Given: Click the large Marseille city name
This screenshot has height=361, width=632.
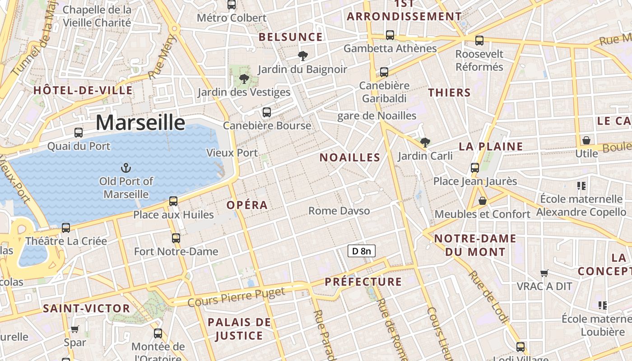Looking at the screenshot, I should (x=140, y=122).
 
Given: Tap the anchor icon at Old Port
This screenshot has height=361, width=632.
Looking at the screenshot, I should (x=126, y=169).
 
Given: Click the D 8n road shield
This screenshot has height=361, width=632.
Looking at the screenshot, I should (x=361, y=251).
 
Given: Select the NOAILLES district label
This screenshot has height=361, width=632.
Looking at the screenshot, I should (x=350, y=157).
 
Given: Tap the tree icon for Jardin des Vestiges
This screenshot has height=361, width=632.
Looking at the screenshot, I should (x=244, y=79).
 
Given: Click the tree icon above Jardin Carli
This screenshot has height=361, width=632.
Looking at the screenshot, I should (x=425, y=143).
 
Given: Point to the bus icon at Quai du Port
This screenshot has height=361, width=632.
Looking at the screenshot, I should (x=79, y=133).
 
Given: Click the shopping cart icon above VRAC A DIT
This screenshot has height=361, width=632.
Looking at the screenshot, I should (x=544, y=273).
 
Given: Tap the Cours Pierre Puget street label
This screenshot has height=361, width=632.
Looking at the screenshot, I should (x=236, y=297).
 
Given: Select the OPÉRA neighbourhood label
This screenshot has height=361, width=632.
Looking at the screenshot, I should (x=247, y=205).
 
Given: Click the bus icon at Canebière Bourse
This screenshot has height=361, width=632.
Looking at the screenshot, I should (x=267, y=112).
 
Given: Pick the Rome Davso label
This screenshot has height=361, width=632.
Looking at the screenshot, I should (x=339, y=211).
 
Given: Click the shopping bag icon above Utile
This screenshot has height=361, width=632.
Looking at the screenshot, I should (x=586, y=140).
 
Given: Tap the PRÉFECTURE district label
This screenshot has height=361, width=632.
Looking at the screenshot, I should (x=363, y=282).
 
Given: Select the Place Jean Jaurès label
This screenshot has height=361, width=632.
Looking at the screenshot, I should (x=475, y=181).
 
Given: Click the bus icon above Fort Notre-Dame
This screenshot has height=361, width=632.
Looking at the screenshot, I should (x=176, y=238).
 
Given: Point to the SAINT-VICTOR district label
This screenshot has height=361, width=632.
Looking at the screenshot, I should (x=86, y=309).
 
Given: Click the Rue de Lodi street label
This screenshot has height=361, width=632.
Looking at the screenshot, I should (x=488, y=296).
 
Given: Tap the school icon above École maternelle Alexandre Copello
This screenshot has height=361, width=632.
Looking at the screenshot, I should (x=581, y=185).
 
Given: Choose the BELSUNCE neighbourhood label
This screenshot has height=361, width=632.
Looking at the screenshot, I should (x=291, y=37).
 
